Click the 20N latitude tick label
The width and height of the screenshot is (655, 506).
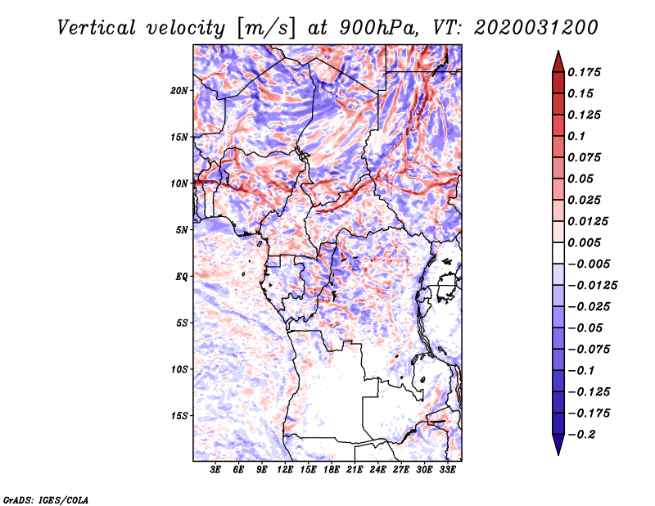[x=179, y=91]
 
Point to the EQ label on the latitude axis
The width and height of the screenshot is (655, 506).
[x=181, y=277]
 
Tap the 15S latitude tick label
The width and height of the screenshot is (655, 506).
[x=179, y=416]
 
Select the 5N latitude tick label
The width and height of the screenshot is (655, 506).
[x=182, y=230]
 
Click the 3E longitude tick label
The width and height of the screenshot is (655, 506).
[x=215, y=470]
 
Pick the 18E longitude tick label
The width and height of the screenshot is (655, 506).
[x=332, y=470]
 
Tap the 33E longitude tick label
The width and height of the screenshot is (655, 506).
[x=447, y=470]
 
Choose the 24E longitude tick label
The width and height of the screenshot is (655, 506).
[x=377, y=470]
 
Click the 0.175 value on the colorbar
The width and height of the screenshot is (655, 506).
[x=584, y=72]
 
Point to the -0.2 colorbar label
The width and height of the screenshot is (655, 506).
[x=581, y=435]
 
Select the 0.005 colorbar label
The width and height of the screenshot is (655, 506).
[x=584, y=242]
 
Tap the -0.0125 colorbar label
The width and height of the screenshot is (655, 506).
[x=592, y=286]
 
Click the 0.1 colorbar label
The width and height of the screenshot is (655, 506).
[x=576, y=136]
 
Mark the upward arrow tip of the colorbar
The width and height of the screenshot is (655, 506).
[x=558, y=51]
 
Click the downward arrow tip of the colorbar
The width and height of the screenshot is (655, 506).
[x=558, y=454]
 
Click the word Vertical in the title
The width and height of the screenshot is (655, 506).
[x=97, y=28]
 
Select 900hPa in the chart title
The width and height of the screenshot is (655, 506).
[x=379, y=28]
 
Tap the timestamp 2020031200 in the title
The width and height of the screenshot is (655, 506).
[x=536, y=28]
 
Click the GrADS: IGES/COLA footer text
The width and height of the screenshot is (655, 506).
[x=46, y=499]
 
